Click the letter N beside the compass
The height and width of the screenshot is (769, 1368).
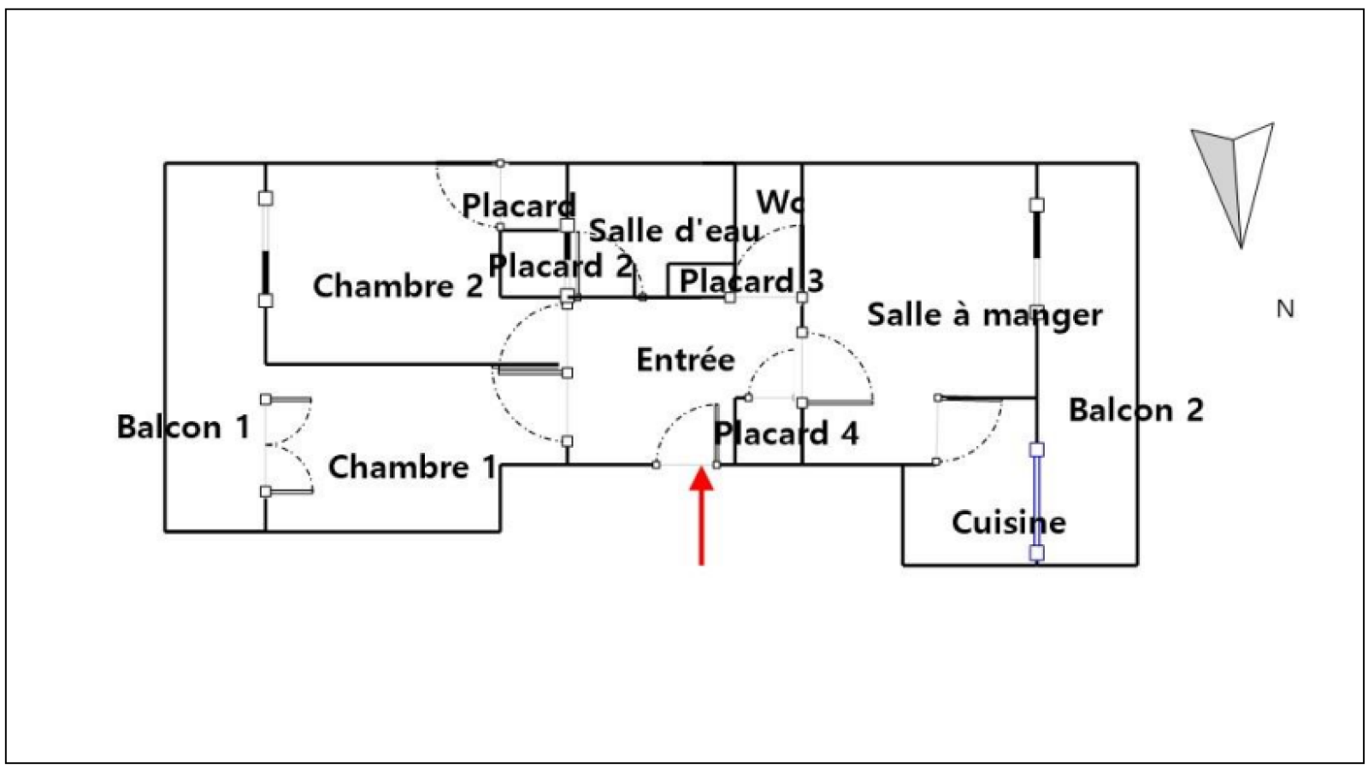(1285, 309)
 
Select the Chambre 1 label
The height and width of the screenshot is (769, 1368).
(412, 467)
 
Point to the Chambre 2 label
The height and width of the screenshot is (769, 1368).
(398, 286)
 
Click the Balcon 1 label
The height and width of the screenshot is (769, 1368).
(183, 427)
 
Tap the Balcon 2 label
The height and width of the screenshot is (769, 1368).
(1135, 411)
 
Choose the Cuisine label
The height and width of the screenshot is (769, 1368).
(1009, 523)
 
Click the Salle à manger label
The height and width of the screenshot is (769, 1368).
(984, 315)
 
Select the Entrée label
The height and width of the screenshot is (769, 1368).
(686, 360)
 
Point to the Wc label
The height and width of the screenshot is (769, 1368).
(780, 203)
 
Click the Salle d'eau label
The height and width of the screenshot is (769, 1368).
(675, 231)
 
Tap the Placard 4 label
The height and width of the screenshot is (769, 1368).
(786, 434)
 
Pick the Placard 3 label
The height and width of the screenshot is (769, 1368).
(751, 281)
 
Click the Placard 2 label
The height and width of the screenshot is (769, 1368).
(560, 266)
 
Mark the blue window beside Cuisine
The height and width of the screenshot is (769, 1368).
(1037, 501)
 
